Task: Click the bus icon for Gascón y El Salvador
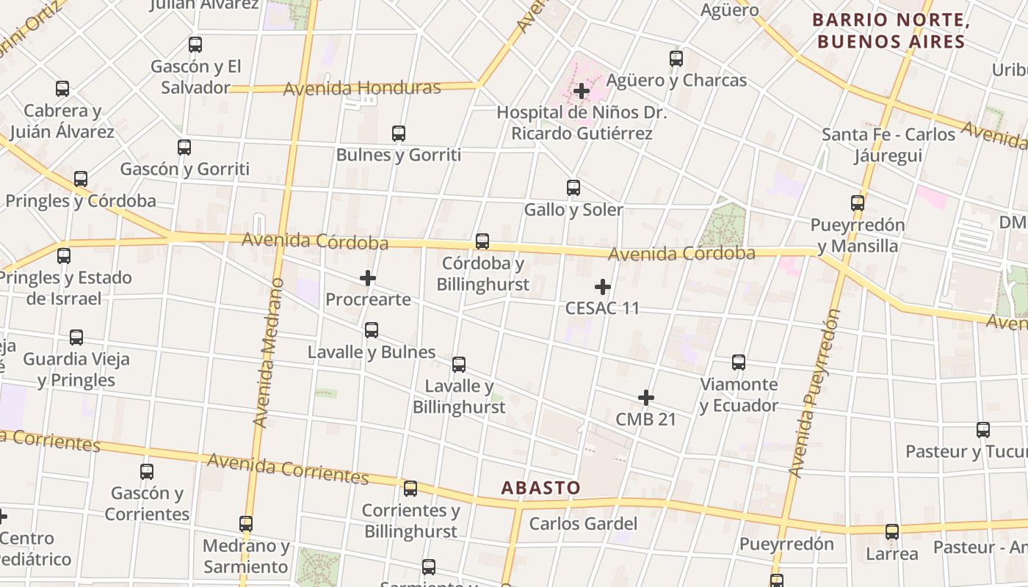(195, 44)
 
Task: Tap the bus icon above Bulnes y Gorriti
(399, 134)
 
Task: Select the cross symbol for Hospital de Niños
(582, 92)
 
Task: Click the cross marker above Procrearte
(368, 278)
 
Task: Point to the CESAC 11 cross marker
(603, 286)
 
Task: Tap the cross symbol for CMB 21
(646, 398)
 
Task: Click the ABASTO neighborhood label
(540, 487)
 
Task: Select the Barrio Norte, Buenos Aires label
(891, 31)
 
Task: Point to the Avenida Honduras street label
(362, 89)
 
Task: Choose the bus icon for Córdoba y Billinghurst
(482, 241)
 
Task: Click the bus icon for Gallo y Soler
(573, 188)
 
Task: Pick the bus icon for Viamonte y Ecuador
(739, 362)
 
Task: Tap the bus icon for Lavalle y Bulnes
(372, 330)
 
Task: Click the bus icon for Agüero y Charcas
(676, 59)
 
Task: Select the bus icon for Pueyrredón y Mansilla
(858, 203)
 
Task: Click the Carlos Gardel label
(583, 524)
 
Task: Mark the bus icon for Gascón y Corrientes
(147, 471)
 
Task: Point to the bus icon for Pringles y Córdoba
(81, 179)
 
